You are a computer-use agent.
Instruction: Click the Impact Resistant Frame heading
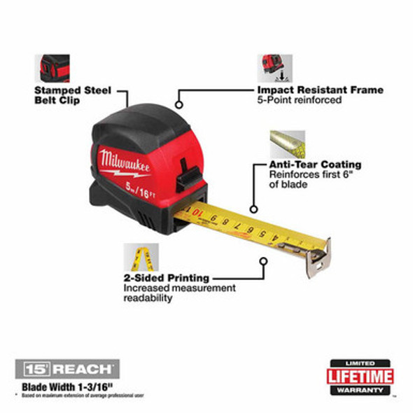point(320,90)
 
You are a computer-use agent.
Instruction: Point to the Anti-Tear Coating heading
point(316,164)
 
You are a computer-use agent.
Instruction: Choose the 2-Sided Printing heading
point(166,278)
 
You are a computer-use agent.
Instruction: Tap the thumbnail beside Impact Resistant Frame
point(271,68)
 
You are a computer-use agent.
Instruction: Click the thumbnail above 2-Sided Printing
point(139,257)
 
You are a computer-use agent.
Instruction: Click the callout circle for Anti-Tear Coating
point(253,208)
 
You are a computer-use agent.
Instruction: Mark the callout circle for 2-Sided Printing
point(263,263)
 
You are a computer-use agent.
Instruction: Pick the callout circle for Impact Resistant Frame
point(179,105)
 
